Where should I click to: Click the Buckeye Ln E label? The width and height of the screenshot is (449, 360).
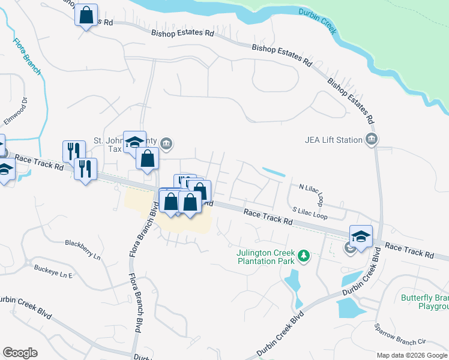pyautogui.click(x=53, y=271)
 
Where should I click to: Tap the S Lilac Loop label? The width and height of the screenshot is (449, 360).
pyautogui.click(x=310, y=212)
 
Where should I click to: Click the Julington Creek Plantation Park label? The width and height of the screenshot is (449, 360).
pyautogui.click(x=266, y=257)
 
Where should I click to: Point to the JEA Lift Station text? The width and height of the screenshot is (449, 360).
pyautogui.click(x=334, y=140)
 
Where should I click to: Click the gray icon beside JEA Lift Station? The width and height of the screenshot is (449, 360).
pyautogui.click(x=372, y=140)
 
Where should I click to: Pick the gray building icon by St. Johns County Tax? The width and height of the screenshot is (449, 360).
pyautogui.click(x=167, y=143)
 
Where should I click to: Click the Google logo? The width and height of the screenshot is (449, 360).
pyautogui.click(x=20, y=353)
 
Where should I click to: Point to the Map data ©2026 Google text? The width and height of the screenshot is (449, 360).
pyautogui.click(x=412, y=355)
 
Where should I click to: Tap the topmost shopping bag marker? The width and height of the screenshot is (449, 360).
pyautogui.click(x=86, y=14)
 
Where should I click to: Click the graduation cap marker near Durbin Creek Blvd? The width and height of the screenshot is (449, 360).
pyautogui.click(x=361, y=236)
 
